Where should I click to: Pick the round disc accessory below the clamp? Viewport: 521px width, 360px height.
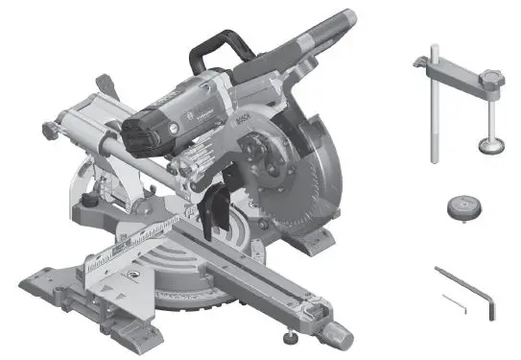tap(465, 206)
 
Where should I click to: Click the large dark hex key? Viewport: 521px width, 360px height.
tap(470, 294)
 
